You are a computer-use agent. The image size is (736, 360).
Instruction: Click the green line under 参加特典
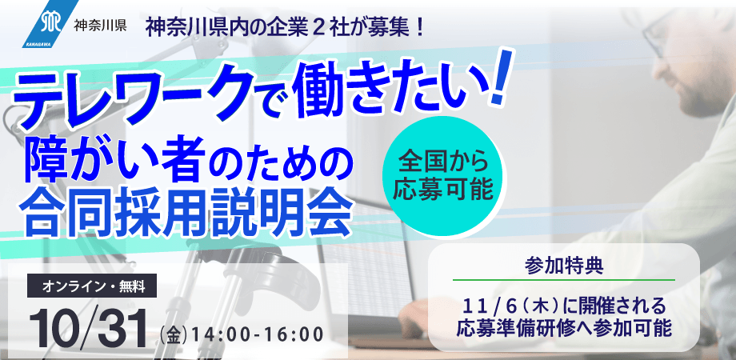click(564, 279)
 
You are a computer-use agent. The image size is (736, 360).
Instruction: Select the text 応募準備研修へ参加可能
click(564, 328)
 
